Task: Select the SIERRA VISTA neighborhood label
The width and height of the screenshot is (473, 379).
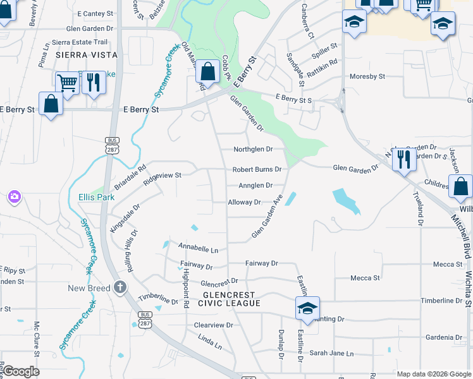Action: point(79,55)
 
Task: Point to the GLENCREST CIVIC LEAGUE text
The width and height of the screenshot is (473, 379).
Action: point(229,299)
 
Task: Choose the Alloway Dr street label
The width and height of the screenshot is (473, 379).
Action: point(244,202)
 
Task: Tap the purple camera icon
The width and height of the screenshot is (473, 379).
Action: point(14,197)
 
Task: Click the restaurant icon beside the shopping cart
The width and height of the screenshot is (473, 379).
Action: point(94,82)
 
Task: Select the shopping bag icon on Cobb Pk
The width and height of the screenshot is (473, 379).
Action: point(207,71)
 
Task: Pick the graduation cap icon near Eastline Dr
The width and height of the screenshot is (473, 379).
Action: point(307,308)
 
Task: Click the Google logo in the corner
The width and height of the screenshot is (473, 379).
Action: point(20,371)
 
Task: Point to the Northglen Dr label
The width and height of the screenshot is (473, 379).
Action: point(252,149)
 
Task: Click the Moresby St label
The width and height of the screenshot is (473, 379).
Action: point(367,76)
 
